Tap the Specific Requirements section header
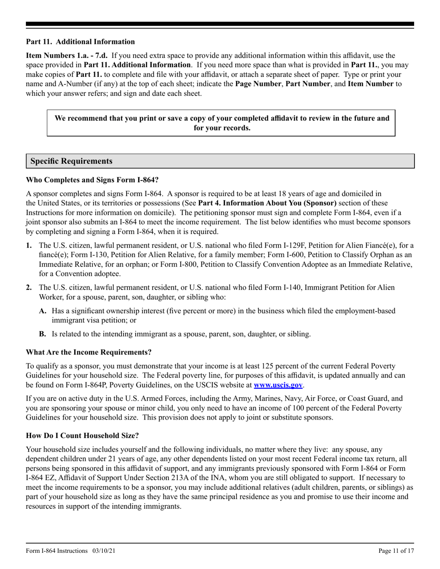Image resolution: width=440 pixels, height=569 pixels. [x=71, y=161]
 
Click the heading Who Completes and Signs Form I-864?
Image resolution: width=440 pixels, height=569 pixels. [x=92, y=179]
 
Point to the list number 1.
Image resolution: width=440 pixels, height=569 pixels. [x=29, y=245]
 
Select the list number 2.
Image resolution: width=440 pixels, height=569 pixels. [x=29, y=287]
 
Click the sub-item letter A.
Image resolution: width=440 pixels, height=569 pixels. [x=43, y=310]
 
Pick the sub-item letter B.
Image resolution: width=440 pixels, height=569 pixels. [x=43, y=334]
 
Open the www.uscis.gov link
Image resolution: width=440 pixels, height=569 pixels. [x=278, y=384]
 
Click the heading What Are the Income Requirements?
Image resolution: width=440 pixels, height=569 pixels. [x=88, y=352]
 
